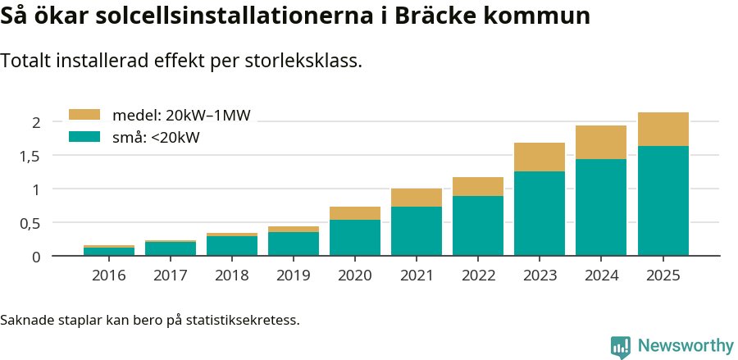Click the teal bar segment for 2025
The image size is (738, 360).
[663, 201]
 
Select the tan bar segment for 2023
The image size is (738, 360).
[540, 157]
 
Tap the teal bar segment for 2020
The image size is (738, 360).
[355, 238]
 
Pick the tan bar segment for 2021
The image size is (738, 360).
[417, 198]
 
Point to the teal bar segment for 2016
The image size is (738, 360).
[109, 252]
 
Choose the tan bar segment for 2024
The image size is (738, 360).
[601, 142]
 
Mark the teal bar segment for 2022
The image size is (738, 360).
[478, 226]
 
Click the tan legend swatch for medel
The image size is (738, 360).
[84, 115]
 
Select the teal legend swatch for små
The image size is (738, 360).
[84, 137]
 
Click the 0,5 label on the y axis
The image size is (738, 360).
[30, 223]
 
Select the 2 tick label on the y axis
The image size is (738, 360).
[36, 122]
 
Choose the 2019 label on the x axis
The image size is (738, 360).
[294, 276]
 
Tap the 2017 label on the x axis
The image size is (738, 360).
[171, 276]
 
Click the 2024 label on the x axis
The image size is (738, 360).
[601, 276]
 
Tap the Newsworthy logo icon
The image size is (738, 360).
[621, 346]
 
